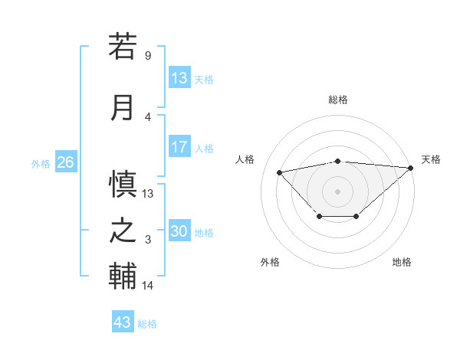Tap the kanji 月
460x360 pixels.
tap(123, 107)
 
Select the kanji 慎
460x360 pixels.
tap(123, 185)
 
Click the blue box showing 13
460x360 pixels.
tap(179, 78)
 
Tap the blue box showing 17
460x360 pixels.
tap(179, 147)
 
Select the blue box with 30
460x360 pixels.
tap(179, 231)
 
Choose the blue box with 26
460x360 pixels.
tap(65, 162)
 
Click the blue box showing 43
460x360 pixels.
tap(123, 322)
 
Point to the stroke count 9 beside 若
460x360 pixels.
tap(148, 56)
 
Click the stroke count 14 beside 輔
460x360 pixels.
tap(148, 286)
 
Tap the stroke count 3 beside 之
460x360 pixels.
tap(148, 240)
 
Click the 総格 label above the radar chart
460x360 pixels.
tap(338, 100)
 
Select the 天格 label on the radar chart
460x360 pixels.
tap(431, 159)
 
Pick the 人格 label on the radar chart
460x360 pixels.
tap(245, 159)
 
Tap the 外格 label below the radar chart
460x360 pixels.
tap(270, 262)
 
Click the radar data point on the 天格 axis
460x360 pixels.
tap(411, 168)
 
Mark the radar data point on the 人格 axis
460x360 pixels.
tap(279, 172)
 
